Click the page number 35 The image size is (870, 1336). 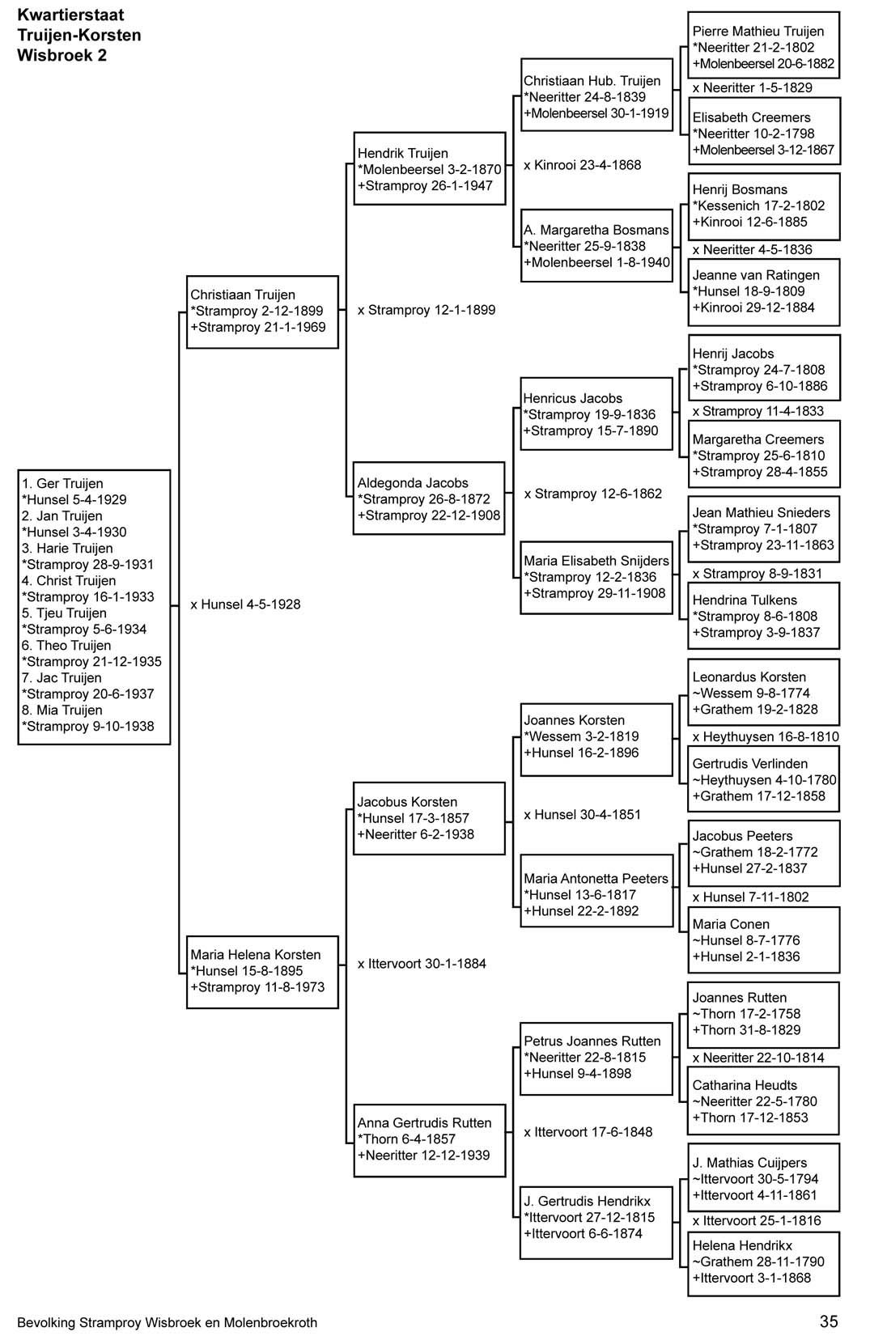click(x=828, y=1321)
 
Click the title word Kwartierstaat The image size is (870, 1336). click(x=70, y=15)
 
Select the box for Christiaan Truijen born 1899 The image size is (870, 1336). click(x=262, y=312)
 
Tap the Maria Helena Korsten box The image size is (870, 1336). click(x=262, y=972)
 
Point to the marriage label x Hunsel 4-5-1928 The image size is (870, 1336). click(x=245, y=604)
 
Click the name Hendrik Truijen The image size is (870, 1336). click(x=402, y=153)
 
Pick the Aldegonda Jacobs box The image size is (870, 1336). click(x=429, y=498)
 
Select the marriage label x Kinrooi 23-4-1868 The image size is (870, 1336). click(x=582, y=165)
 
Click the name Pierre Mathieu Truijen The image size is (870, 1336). click(x=758, y=32)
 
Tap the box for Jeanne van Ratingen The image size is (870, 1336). click(x=764, y=292)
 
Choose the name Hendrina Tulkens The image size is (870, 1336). click(x=745, y=600)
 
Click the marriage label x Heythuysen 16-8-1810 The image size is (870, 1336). click(x=766, y=736)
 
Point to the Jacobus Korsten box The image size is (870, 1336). click(x=429, y=818)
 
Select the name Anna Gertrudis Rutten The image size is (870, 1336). click(x=424, y=1122)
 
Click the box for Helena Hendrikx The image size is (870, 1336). click(x=763, y=1264)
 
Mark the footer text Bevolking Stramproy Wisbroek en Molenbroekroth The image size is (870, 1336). click(x=167, y=1322)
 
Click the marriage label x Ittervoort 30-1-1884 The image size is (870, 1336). click(x=422, y=963)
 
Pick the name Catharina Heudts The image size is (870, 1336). click(x=745, y=1085)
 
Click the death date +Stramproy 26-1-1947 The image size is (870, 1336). click(x=425, y=185)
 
